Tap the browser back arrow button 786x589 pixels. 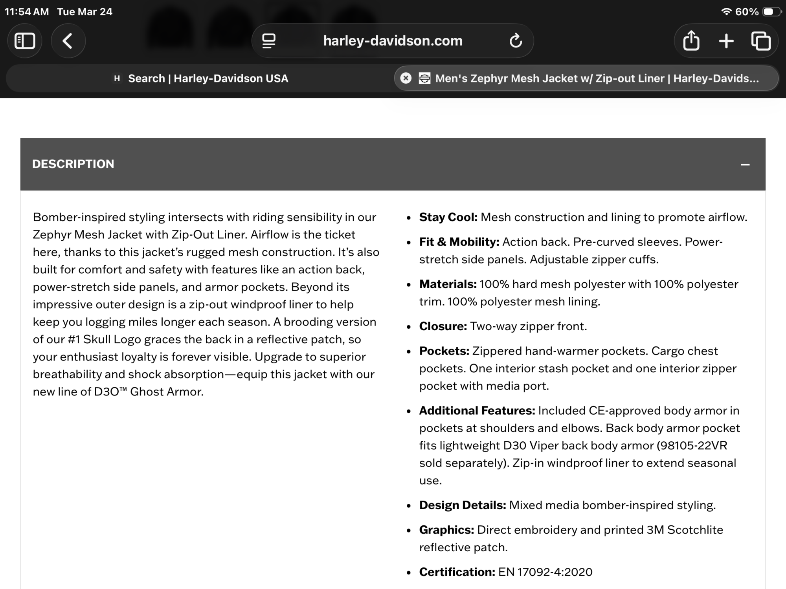click(x=68, y=41)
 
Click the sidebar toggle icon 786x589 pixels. click(x=25, y=41)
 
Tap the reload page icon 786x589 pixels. click(x=516, y=40)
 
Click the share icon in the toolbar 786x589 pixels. click(x=691, y=40)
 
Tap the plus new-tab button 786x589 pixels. click(x=726, y=41)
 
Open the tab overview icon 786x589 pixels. click(x=760, y=41)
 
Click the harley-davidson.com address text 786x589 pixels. click(x=393, y=41)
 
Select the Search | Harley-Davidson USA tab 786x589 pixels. click(x=208, y=79)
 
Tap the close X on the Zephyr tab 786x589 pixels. click(x=406, y=79)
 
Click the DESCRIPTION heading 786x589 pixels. click(x=73, y=164)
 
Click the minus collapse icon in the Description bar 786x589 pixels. click(x=745, y=165)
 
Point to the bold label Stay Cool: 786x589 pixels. click(x=448, y=217)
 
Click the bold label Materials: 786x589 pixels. click(x=448, y=284)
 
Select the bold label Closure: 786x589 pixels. click(x=443, y=326)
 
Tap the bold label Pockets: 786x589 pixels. click(x=444, y=351)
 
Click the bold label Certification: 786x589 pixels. click(x=457, y=572)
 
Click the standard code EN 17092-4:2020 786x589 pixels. click(x=545, y=572)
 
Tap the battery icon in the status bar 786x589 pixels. click(x=771, y=12)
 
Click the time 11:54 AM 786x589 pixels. click(x=27, y=12)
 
